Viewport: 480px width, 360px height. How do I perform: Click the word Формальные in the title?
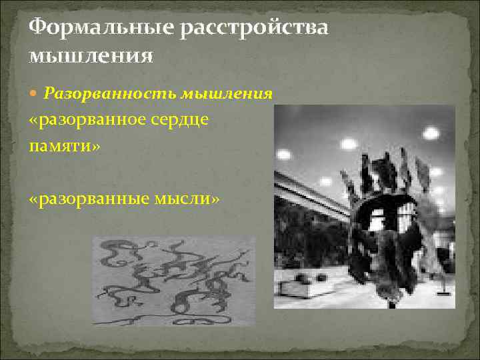(x=94, y=28)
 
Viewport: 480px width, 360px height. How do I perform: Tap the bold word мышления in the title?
(x=91, y=55)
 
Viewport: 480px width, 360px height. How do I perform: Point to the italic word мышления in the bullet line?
(x=229, y=94)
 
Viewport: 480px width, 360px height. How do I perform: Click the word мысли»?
(x=189, y=199)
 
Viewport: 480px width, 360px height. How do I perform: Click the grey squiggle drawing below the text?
(x=173, y=280)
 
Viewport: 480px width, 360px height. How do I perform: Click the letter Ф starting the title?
(x=39, y=28)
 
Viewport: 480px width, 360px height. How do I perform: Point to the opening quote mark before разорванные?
(x=35, y=199)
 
